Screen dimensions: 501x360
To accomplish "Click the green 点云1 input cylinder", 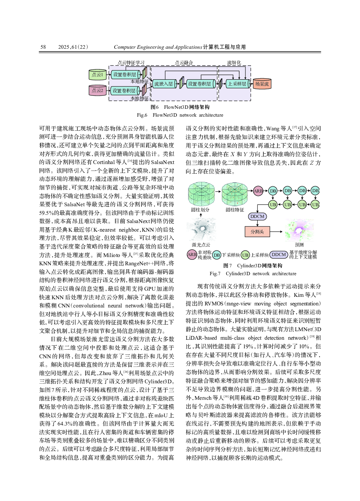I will (x=97, y=74).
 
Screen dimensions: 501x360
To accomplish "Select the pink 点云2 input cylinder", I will (x=97, y=91).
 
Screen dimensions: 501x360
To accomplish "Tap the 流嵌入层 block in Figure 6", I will (x=163, y=84).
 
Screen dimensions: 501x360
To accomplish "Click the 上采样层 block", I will (x=237, y=84).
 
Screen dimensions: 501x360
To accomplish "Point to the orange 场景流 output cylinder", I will (x=262, y=84).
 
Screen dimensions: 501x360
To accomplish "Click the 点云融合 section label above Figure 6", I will (x=184, y=63).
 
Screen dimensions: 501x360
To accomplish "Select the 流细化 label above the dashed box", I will (x=234, y=63).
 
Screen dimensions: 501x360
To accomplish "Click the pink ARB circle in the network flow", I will (x=258, y=191).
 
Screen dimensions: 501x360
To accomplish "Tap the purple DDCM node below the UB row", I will (x=257, y=217).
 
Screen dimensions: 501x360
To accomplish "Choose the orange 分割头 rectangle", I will (x=257, y=232).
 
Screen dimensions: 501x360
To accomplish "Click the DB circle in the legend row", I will (x=217, y=255).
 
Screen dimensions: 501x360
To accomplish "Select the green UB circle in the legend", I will (x=245, y=255).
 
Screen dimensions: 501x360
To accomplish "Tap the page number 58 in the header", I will (x=43, y=47).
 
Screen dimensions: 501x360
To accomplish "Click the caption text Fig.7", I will (x=215, y=273).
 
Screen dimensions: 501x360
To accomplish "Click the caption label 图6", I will (x=154, y=107).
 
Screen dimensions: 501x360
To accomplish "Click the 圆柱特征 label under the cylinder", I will (x=235, y=210).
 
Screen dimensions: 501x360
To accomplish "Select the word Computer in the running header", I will (x=125, y=47).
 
